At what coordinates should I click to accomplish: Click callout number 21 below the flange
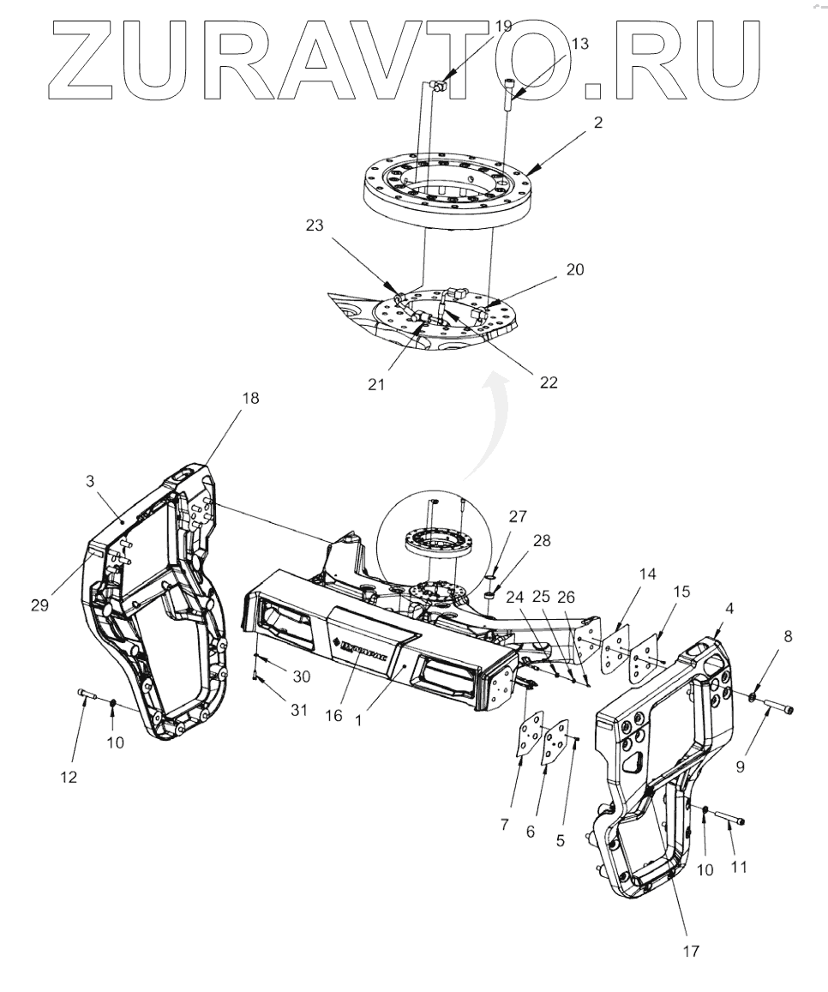(x=376, y=385)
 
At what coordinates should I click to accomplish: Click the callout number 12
(x=69, y=777)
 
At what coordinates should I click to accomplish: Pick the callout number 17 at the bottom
(x=691, y=951)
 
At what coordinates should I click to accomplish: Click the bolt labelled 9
(x=778, y=707)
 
